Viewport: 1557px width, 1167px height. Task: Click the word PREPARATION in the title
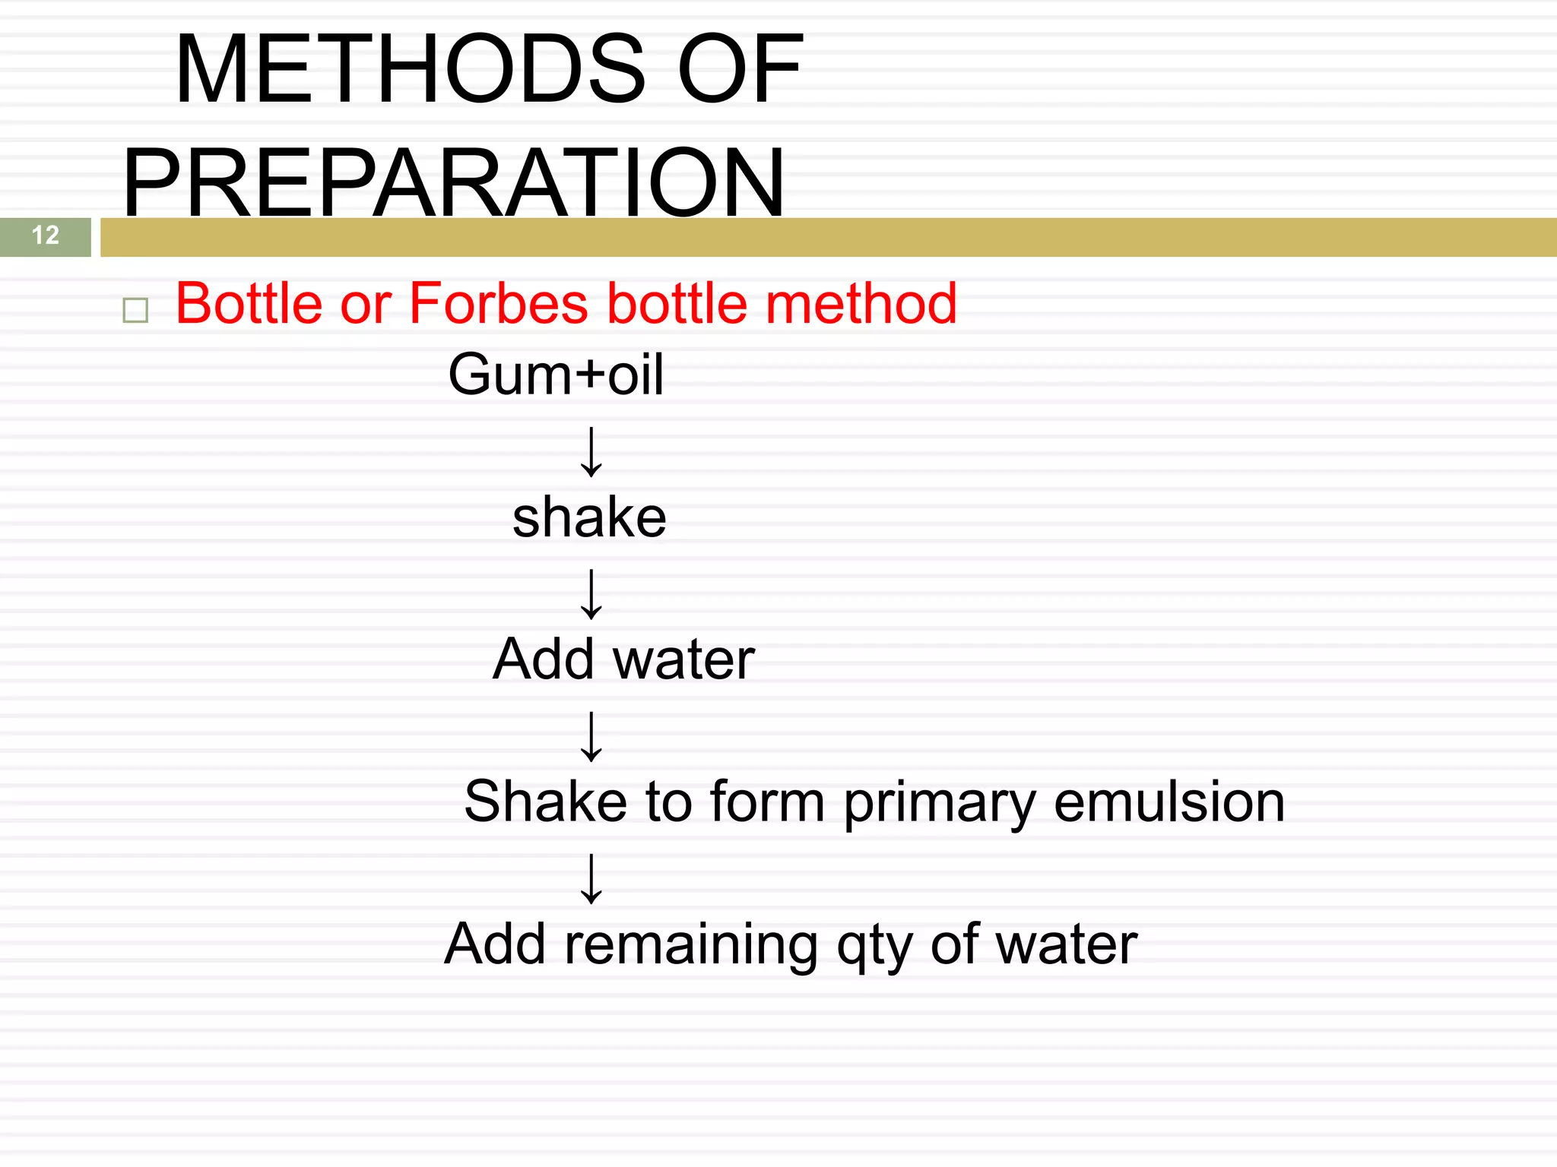tap(454, 182)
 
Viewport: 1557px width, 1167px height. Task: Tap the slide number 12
tap(46, 236)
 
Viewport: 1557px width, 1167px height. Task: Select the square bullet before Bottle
tap(135, 310)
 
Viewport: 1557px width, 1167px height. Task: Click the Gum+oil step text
tap(556, 375)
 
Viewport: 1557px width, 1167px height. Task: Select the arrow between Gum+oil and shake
tap(591, 451)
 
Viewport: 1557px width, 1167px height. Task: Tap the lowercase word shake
tap(589, 517)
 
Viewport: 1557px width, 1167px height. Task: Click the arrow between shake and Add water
tap(591, 593)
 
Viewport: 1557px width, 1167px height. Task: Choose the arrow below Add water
tap(591, 736)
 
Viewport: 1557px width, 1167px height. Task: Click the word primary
tap(940, 804)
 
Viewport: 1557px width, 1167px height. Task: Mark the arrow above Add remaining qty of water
tap(591, 878)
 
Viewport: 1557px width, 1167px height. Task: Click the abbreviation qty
tap(874, 947)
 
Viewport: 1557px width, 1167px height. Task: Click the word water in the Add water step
tap(684, 659)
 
